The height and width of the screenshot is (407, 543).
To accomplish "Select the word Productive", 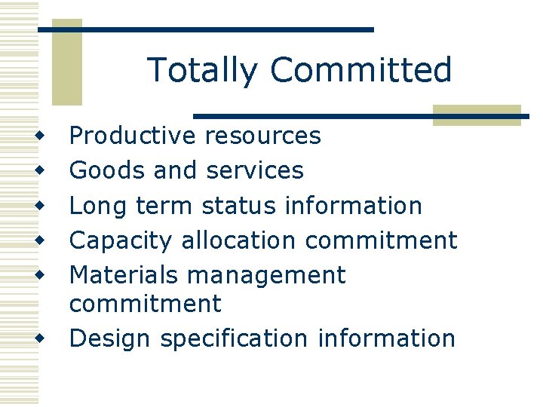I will [x=132, y=136].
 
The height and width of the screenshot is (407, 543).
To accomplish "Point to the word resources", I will [x=262, y=136].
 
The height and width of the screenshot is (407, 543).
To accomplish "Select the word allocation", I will [x=239, y=240].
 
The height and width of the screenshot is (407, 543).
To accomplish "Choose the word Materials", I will [x=124, y=275].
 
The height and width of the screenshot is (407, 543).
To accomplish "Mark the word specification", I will [x=233, y=339].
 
